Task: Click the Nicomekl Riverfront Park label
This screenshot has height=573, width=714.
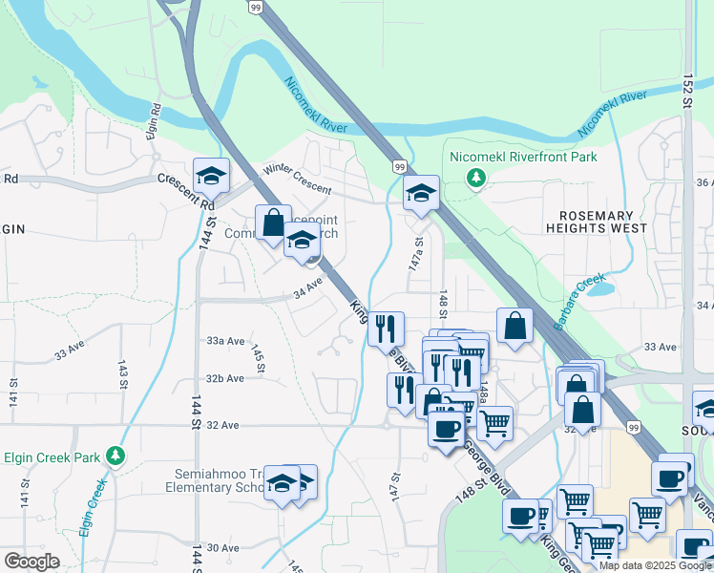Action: tap(522, 157)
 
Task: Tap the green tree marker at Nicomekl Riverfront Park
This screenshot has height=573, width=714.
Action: tap(475, 178)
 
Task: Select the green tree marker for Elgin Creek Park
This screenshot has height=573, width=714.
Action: tap(115, 456)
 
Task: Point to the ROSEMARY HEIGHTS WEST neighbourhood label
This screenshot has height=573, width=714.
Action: tap(596, 222)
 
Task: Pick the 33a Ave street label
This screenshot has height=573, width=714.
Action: tap(226, 341)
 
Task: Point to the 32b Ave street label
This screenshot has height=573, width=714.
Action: tap(225, 378)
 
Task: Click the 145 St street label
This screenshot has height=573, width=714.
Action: tap(258, 360)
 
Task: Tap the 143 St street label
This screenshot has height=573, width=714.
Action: tap(122, 373)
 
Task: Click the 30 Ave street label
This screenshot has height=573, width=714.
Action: tap(223, 547)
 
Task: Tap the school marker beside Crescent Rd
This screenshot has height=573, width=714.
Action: tap(211, 175)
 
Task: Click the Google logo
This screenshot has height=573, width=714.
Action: tap(31, 562)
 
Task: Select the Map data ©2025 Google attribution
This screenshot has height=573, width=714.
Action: tap(655, 565)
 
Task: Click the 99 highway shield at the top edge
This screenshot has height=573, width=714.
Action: tap(255, 7)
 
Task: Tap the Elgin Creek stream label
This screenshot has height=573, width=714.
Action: tap(92, 509)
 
